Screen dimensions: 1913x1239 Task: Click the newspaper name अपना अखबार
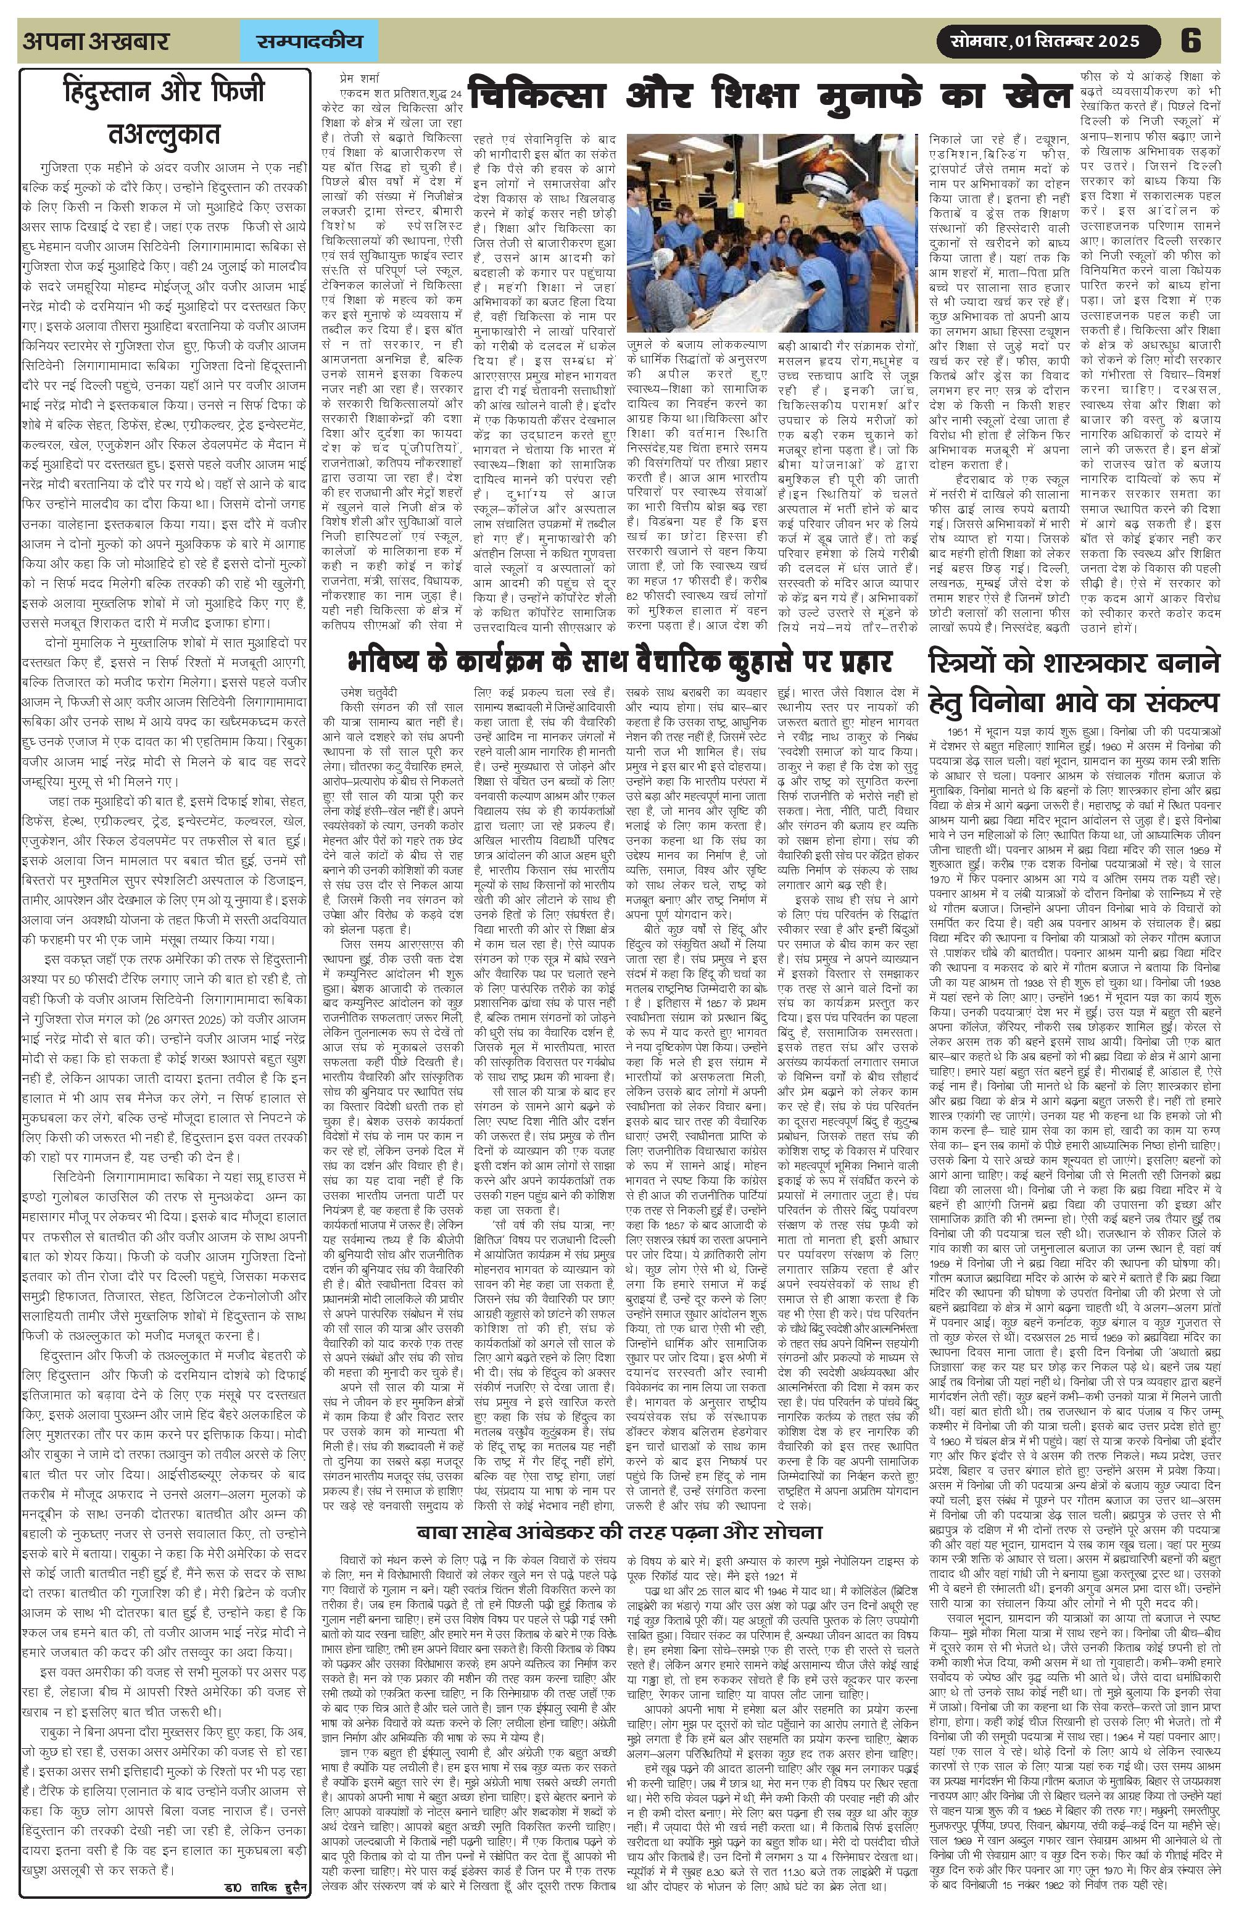pyautogui.click(x=96, y=41)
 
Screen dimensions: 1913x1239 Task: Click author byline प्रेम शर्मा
pyautogui.click(x=362, y=80)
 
